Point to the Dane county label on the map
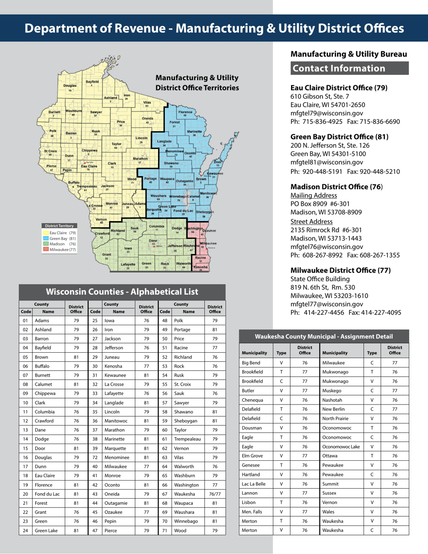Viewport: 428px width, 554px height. click(x=153, y=241)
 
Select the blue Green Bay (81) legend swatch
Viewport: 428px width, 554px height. click(x=46, y=238)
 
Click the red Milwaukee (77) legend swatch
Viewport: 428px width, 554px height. click(x=46, y=249)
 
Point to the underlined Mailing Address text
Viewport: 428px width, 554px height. click(x=314, y=195)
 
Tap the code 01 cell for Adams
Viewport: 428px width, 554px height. click(x=25, y=320)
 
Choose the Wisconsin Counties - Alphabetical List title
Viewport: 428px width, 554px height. click(x=122, y=291)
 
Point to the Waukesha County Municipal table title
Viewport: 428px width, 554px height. click(x=323, y=336)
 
